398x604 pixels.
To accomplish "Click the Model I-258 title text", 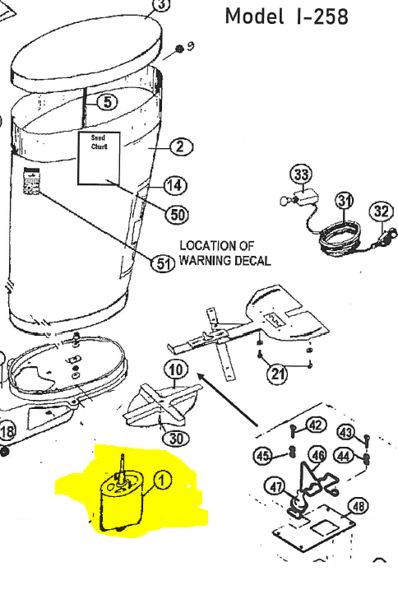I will (286, 16).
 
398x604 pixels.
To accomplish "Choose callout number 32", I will (382, 211).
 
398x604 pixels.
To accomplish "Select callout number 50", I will (176, 215).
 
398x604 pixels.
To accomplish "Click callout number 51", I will (165, 264).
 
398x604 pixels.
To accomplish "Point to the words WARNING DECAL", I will (224, 261).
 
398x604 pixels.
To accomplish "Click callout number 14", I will (175, 185).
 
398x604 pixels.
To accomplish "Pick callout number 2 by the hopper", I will (181, 147).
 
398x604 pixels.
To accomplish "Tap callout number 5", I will (108, 102).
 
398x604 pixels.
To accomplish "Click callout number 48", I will (359, 507).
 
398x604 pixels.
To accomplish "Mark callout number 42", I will (316, 425).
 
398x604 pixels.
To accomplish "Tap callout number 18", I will (7, 431).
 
